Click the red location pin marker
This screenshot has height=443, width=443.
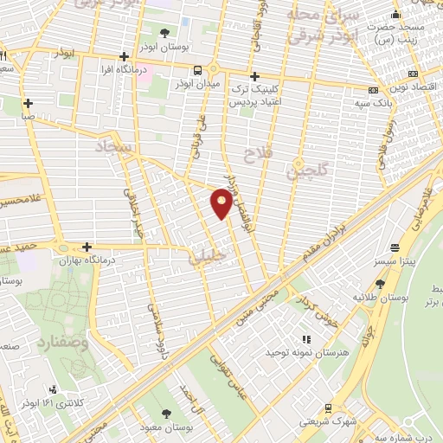pyautogui.click(x=222, y=204)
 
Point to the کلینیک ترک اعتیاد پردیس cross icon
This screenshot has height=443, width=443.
pyautogui.click(x=254, y=75)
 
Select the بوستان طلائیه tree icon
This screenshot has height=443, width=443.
pyautogui.click(x=381, y=283)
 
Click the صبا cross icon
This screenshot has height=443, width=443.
pyautogui.click(x=29, y=102)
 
